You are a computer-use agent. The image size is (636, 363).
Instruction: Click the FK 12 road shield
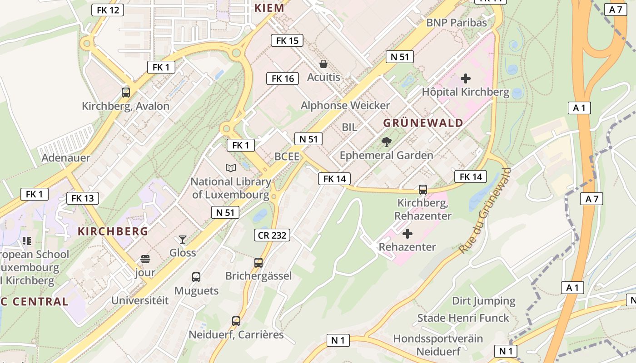(108, 10)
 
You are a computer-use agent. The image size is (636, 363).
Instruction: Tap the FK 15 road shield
(287, 40)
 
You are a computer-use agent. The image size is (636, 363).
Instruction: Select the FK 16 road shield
(283, 78)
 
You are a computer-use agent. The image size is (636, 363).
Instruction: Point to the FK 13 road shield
(83, 198)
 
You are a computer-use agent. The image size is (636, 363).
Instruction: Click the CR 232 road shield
(272, 235)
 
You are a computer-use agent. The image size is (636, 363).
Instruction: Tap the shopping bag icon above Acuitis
(323, 64)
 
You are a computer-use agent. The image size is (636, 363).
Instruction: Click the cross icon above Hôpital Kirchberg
(466, 78)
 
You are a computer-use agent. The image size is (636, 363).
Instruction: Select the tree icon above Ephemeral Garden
(387, 142)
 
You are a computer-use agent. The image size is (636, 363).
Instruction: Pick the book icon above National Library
(231, 168)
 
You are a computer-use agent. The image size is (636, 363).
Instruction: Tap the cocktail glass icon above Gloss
(183, 239)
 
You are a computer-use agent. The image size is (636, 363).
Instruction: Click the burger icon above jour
(145, 259)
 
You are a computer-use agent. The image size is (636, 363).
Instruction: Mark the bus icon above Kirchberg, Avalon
(126, 93)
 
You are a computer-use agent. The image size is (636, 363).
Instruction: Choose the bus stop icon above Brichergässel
(258, 262)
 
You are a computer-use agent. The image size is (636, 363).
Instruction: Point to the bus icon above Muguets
(196, 277)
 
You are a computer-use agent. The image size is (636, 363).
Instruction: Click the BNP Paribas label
(456, 22)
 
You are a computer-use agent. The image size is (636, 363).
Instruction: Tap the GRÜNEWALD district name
(423, 123)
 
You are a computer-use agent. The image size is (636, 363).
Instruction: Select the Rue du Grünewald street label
(485, 211)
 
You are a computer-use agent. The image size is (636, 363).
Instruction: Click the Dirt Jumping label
(483, 301)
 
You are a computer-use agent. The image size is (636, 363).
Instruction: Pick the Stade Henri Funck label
(463, 318)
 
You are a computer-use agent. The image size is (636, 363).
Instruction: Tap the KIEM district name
(269, 8)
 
